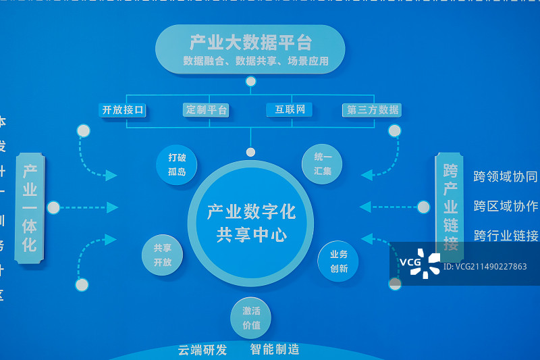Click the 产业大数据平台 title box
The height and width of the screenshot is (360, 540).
(250, 49)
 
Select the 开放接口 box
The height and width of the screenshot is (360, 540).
(123, 109)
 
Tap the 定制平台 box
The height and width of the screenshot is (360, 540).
(207, 109)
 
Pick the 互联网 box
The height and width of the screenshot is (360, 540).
(290, 109)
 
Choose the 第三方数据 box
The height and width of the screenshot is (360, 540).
(373, 109)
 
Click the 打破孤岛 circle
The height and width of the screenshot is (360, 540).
(176, 164)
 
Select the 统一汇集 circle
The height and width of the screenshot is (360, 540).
(323, 164)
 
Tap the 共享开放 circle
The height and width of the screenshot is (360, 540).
(163, 255)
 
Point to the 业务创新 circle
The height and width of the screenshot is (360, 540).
(338, 261)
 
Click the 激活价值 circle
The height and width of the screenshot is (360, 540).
(250, 317)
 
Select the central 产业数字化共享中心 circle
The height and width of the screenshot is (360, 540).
(251, 224)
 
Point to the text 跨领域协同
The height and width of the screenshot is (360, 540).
(506, 177)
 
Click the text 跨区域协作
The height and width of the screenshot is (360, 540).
(506, 206)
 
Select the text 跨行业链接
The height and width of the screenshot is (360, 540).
(506, 236)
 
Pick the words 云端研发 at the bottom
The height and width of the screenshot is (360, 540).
(202, 350)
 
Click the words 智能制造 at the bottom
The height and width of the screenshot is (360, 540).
(275, 349)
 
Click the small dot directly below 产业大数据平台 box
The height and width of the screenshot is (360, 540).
(251, 82)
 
